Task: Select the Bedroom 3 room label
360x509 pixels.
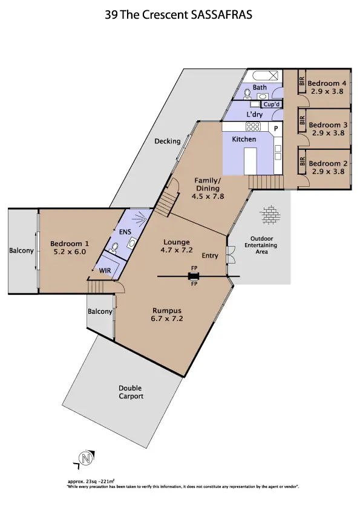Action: click(327, 125)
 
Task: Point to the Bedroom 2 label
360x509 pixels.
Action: click(327, 163)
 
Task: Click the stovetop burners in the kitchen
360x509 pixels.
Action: click(253, 127)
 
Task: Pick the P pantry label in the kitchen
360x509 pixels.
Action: click(275, 129)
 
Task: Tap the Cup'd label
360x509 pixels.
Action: click(272, 104)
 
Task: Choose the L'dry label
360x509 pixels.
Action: click(254, 114)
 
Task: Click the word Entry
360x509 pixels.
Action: click(210, 256)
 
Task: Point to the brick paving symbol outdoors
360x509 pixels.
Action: click(269, 215)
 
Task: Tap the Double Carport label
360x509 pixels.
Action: click(131, 392)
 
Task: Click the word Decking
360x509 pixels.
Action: click(167, 141)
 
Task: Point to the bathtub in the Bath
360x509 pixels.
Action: click(258, 77)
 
